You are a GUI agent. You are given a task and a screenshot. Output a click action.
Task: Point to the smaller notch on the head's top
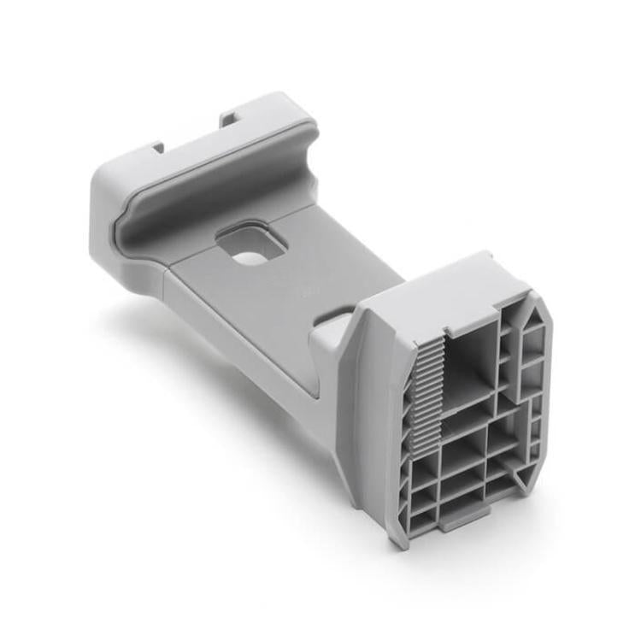[x=158, y=147]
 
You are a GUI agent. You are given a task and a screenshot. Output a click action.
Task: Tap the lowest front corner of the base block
[x=397, y=540]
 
